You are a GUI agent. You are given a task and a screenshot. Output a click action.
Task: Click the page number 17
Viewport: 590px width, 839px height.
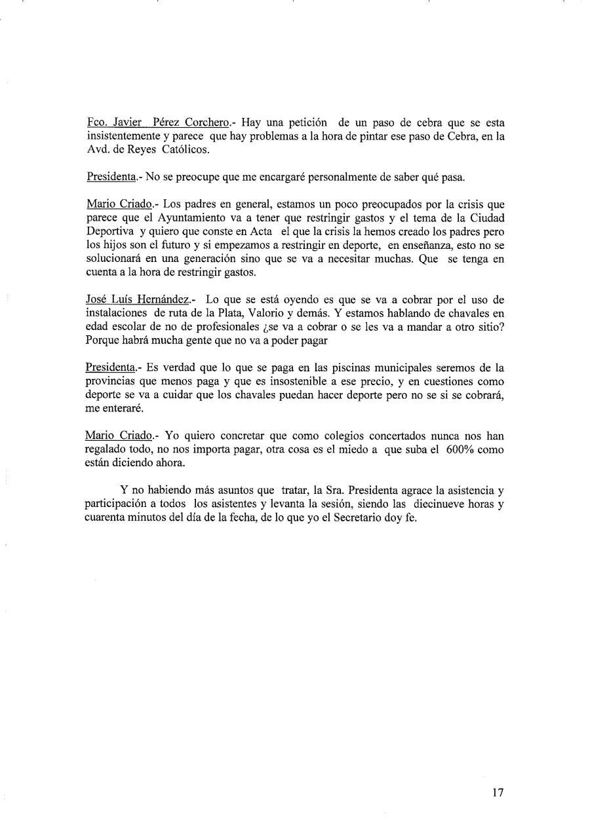click(x=498, y=793)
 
